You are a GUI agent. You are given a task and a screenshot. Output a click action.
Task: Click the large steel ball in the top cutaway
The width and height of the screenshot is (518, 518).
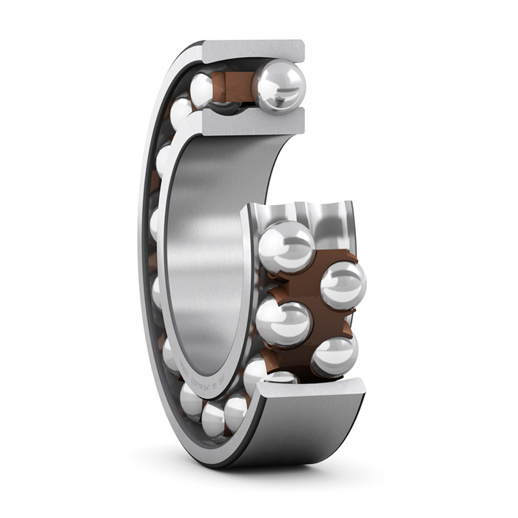(280, 86)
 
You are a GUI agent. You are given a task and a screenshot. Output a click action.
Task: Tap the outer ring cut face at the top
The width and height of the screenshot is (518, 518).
(252, 51)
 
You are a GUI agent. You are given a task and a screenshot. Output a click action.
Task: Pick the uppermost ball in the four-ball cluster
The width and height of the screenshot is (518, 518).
(286, 246)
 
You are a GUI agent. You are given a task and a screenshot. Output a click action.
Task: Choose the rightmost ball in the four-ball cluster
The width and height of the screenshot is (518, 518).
(343, 285)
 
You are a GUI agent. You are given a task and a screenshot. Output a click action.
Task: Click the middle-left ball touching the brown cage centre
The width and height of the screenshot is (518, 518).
(283, 322)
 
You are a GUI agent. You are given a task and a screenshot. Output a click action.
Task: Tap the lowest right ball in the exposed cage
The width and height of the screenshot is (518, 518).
(334, 355)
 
